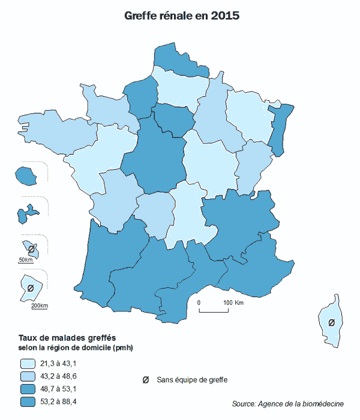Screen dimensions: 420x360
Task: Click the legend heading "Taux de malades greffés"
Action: (x=67, y=337)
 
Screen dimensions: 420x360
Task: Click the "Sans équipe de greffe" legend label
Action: (x=192, y=379)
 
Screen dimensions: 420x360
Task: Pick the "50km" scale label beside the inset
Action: (x=25, y=260)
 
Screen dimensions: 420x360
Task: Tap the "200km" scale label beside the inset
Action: (x=39, y=306)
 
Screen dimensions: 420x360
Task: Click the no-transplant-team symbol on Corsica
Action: (x=331, y=323)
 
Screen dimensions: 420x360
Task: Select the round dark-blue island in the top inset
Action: (x=25, y=175)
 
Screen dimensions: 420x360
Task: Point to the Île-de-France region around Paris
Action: (x=172, y=119)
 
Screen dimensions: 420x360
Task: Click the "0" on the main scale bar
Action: (x=199, y=302)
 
